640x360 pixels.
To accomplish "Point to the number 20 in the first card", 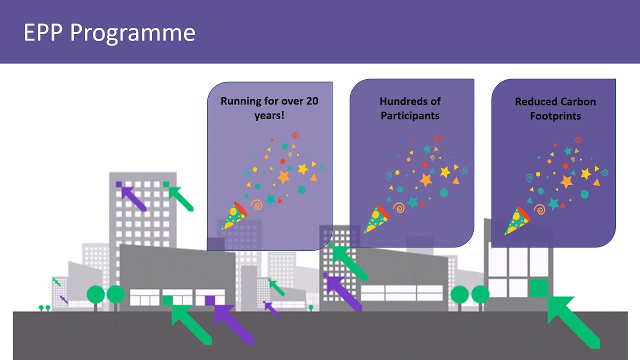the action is [311, 101].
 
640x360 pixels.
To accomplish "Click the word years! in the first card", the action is [269, 115].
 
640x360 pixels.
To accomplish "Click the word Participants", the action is [410, 115].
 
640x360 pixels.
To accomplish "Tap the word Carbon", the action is [577, 101].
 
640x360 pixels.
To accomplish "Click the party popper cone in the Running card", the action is [234, 216].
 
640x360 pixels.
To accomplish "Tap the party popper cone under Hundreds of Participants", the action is [376, 219].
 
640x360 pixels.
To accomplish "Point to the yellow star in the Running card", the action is [302, 169].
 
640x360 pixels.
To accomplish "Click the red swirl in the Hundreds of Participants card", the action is [438, 138].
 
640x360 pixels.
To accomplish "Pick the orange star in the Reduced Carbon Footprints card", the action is [566, 181].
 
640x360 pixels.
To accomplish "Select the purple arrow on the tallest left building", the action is [132, 197].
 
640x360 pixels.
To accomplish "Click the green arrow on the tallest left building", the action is [180, 197].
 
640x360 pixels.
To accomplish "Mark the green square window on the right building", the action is [538, 288].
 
